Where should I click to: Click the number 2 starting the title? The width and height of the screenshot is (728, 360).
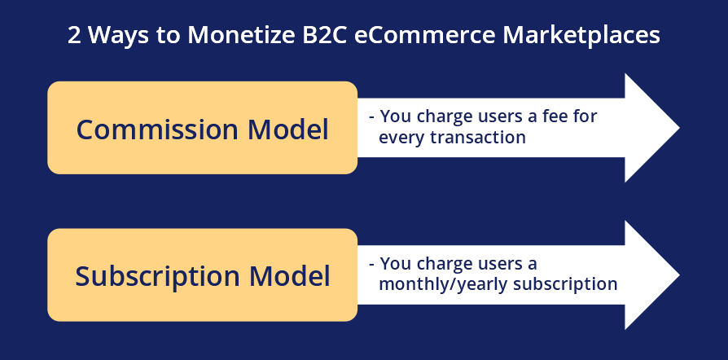click(x=74, y=35)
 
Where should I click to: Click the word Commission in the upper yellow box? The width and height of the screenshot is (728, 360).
click(x=157, y=130)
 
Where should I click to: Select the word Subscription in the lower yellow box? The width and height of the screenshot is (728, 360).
click(x=157, y=277)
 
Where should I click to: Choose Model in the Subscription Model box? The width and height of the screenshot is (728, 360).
click(x=289, y=276)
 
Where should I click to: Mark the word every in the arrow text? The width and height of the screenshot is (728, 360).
click(x=402, y=138)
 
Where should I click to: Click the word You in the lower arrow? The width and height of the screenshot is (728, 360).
click(x=396, y=263)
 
